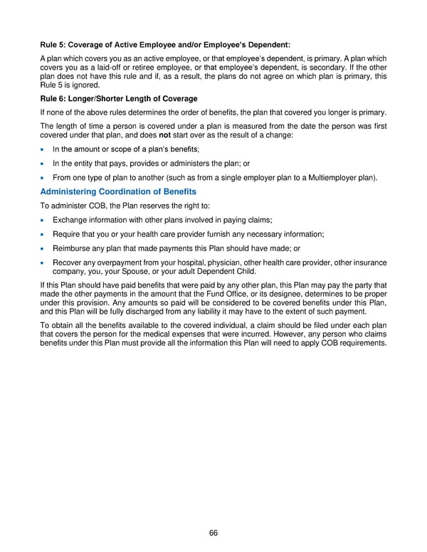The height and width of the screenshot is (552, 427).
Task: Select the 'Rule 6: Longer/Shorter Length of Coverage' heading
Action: point(119,98)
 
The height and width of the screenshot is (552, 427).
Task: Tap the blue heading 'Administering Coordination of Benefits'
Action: point(118,192)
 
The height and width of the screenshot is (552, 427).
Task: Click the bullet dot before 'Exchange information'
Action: point(43,220)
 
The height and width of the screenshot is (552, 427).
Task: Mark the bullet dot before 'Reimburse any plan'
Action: point(43,248)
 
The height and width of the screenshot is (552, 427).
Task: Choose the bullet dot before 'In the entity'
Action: point(43,163)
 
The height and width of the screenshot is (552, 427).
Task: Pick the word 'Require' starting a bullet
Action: point(67,234)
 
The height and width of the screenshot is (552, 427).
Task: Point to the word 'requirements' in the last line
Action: point(362,344)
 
